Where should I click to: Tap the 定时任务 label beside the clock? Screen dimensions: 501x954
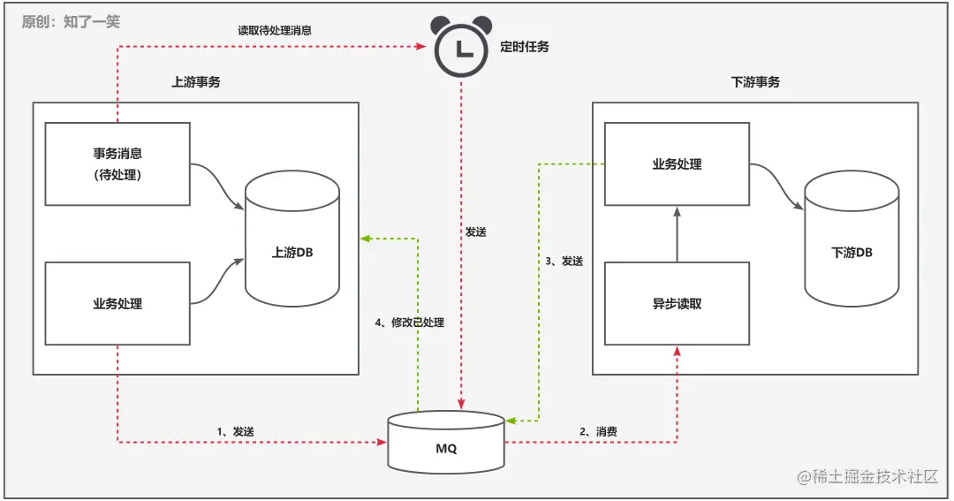pyautogui.click(x=525, y=47)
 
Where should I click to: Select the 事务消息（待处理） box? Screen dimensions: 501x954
pyautogui.click(x=117, y=164)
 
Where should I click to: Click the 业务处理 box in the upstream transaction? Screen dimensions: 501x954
pyautogui.click(x=117, y=303)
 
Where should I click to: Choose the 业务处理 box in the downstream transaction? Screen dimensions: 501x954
pyautogui.click(x=677, y=163)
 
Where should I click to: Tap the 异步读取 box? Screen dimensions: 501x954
pyautogui.click(x=677, y=303)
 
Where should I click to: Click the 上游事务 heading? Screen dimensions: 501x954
pyautogui.click(x=196, y=82)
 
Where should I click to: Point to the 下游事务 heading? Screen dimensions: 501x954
pyautogui.click(x=755, y=82)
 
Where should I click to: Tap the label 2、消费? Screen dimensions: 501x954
pyautogui.click(x=598, y=431)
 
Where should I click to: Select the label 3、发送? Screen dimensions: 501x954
pyautogui.click(x=564, y=261)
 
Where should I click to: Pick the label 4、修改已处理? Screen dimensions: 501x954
pyautogui.click(x=409, y=323)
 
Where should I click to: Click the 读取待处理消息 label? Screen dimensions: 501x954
pyautogui.click(x=275, y=29)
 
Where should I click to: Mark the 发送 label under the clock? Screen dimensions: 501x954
pyautogui.click(x=475, y=232)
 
